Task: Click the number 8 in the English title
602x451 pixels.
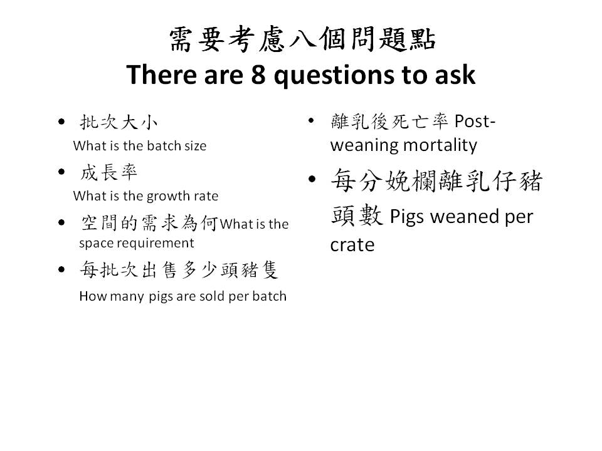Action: pyautogui.click(x=258, y=75)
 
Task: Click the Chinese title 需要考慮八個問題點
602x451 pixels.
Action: pyautogui.click(x=302, y=39)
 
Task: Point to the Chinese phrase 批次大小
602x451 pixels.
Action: pyautogui.click(x=119, y=122)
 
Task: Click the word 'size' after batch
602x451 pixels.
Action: pyautogui.click(x=195, y=146)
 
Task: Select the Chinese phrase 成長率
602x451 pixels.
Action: pyautogui.click(x=108, y=172)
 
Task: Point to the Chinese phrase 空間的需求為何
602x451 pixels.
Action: pyautogui.click(x=149, y=223)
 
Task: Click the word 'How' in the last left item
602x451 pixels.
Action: pyautogui.click(x=90, y=296)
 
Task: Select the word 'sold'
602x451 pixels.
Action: pyautogui.click(x=213, y=296)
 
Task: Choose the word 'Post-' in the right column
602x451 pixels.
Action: pyautogui.click(x=475, y=122)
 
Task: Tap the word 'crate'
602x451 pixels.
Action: pyautogui.click(x=352, y=246)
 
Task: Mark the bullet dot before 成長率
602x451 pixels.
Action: pyautogui.click(x=61, y=172)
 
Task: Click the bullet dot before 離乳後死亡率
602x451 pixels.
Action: pyautogui.click(x=312, y=120)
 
